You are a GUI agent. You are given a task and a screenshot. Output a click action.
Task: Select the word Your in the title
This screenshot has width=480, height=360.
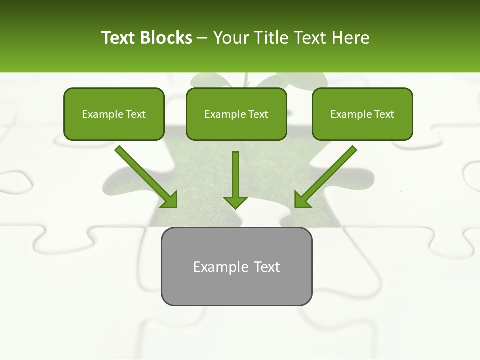tap(230, 38)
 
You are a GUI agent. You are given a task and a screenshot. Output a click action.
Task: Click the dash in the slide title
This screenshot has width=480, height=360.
tap(202, 38)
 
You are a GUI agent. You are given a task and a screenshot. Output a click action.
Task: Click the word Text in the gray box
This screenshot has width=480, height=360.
tap(267, 267)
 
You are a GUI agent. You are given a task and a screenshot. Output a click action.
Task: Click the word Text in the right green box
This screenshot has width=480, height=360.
tap(384, 114)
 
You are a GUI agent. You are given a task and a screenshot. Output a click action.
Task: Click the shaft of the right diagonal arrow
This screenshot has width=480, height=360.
tap(332, 170)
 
